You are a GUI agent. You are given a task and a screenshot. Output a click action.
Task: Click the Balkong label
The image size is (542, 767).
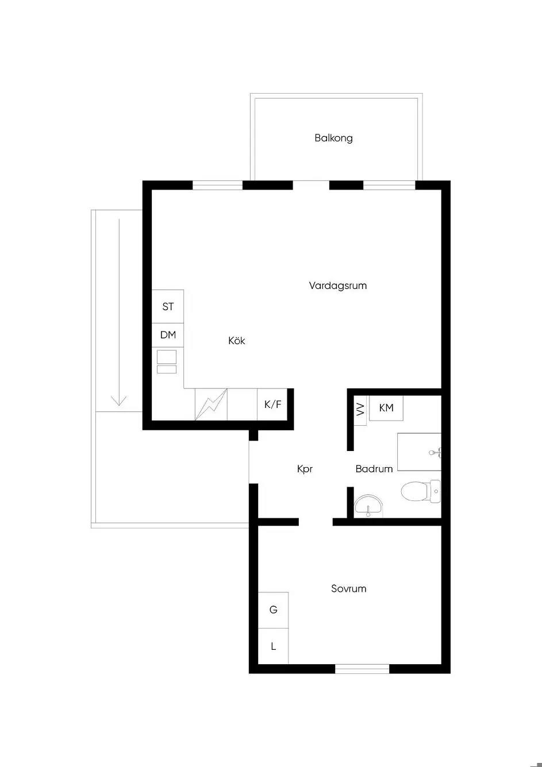(x=333, y=138)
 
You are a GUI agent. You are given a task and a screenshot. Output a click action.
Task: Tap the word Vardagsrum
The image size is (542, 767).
(x=338, y=285)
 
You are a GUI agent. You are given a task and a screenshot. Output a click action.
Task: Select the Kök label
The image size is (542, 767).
(x=236, y=340)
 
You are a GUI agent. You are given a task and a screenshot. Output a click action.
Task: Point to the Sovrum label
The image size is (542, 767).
(x=348, y=588)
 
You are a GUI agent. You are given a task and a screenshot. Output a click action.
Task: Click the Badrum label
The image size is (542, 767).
(x=374, y=468)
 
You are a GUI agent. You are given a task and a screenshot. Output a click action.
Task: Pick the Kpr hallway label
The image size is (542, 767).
(x=305, y=469)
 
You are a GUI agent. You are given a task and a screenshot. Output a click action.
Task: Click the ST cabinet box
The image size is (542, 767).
(x=167, y=306)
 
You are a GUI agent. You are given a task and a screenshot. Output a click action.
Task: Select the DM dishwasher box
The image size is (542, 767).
(x=167, y=335)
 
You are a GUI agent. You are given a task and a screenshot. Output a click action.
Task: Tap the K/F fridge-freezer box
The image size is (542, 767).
(x=272, y=404)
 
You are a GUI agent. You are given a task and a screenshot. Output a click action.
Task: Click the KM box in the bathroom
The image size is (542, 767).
(x=386, y=408)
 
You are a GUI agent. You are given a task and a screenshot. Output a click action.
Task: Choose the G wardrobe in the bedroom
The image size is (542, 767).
(x=273, y=610)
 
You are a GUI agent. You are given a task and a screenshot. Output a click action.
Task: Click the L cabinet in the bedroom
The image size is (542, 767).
(x=273, y=646)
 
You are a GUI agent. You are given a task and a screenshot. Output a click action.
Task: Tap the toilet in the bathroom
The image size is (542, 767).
(x=421, y=491)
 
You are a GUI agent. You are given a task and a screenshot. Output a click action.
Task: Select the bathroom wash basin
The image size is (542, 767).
(x=368, y=505)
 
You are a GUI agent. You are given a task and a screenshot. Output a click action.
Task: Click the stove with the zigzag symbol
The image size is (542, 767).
(x=211, y=404)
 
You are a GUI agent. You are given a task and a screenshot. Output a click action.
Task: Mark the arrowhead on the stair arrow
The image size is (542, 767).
(x=119, y=400)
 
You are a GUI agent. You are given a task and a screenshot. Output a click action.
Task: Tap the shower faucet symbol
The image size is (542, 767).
(x=435, y=453)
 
